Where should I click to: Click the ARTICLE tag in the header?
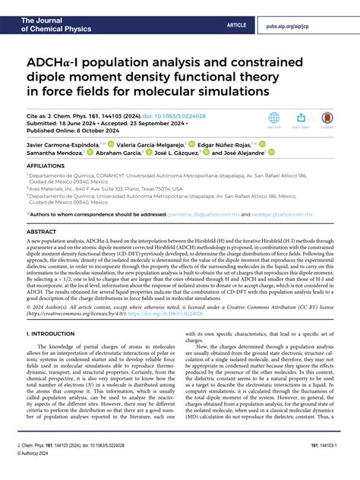237,25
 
